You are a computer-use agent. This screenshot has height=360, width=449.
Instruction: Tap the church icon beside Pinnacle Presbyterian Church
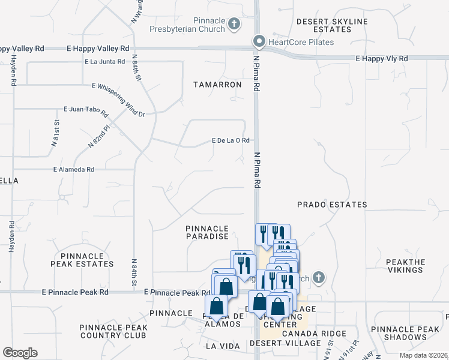(234, 25)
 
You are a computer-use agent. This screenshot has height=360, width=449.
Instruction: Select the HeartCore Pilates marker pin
(259, 41)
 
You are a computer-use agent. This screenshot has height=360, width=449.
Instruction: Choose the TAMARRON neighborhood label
(217, 85)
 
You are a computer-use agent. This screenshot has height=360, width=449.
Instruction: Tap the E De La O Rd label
(231, 140)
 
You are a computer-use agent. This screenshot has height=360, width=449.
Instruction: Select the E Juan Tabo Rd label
(85, 112)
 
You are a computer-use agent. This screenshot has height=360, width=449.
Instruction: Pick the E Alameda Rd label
(74, 170)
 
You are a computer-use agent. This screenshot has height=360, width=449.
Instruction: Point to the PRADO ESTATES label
(332, 205)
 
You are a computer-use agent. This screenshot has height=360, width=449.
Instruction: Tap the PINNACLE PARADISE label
(207, 233)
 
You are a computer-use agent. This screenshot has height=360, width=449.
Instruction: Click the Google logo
(20, 353)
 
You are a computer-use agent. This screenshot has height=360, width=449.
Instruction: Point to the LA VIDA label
(222, 346)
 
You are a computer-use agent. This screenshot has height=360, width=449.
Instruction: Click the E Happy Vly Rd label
(381, 59)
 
